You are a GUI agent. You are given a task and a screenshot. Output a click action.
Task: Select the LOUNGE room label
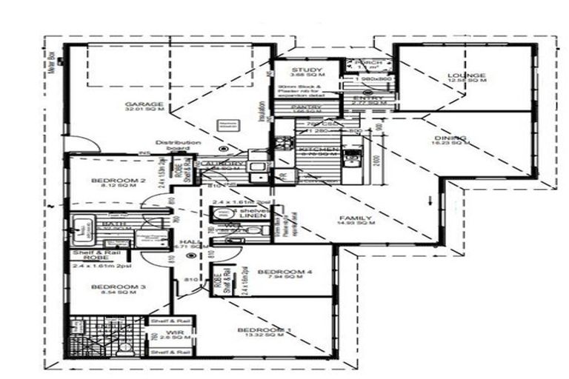pyautogui.click(x=466, y=76)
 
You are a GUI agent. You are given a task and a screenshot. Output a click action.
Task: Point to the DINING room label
pyautogui.click(x=450, y=138)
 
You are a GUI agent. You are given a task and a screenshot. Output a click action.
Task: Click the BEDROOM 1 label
pyautogui.click(x=262, y=329)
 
